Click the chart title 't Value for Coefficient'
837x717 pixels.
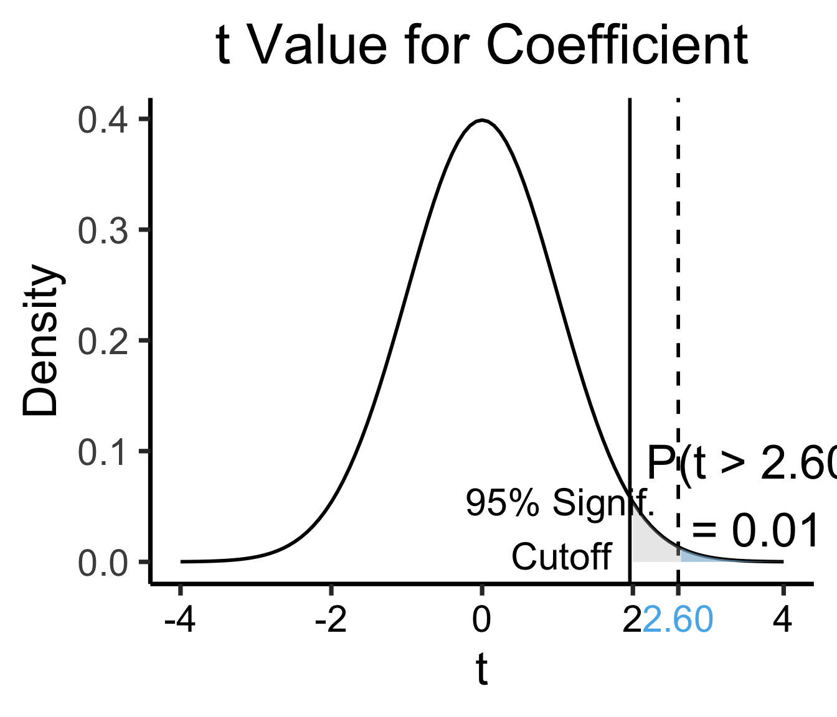[x=481, y=45]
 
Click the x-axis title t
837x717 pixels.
[x=481, y=670]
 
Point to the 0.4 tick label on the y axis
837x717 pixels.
[x=103, y=120]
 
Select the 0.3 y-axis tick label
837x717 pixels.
[x=103, y=231]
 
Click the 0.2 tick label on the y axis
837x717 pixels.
[x=103, y=342]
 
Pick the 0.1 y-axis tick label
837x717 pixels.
[x=103, y=452]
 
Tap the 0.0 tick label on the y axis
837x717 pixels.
[x=103, y=563]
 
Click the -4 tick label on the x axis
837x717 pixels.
[x=180, y=621]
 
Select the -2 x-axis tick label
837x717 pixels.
[x=331, y=621]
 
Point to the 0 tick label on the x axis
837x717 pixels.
[x=481, y=621]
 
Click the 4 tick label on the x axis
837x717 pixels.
[x=783, y=621]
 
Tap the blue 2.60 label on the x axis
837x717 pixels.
[x=678, y=621]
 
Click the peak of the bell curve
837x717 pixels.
[x=481, y=120]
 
